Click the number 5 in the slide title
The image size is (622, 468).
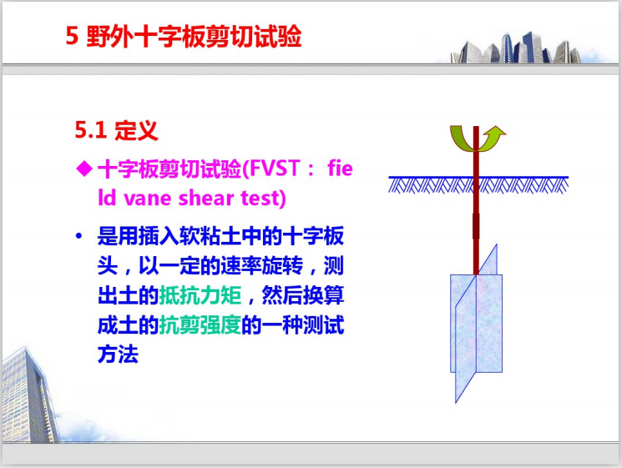(71, 37)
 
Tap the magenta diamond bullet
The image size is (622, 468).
(83, 169)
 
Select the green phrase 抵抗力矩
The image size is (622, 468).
(206, 295)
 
